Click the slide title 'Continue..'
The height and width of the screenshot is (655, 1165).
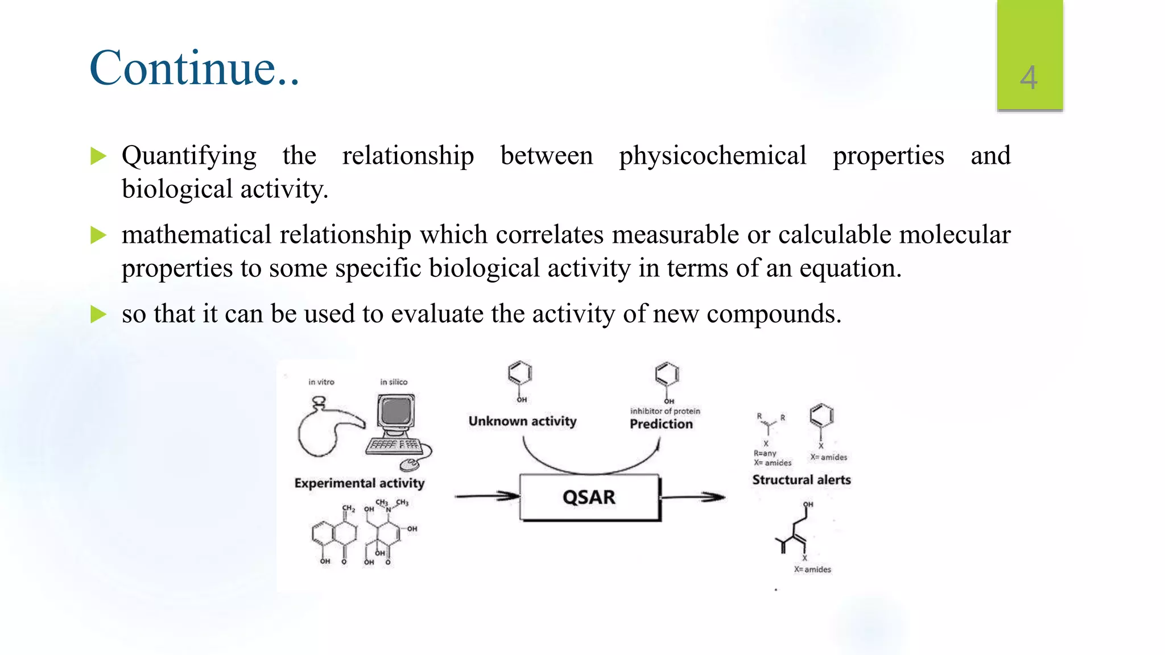pos(194,68)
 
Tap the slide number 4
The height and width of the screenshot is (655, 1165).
pos(1028,78)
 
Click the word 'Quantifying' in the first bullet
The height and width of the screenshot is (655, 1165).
pos(189,156)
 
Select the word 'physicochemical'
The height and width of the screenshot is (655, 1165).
pos(712,156)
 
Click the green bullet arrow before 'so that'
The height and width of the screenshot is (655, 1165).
pos(98,314)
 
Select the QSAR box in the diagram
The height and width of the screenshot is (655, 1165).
pos(589,498)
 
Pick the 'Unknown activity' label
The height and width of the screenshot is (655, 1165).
pos(522,421)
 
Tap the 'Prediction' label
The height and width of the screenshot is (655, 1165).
pos(661,424)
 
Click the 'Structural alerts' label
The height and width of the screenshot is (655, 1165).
pos(802,480)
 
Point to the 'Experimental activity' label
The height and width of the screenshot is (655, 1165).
pos(360,483)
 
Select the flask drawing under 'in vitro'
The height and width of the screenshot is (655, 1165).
pos(324,429)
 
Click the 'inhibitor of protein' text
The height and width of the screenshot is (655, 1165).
pos(665,411)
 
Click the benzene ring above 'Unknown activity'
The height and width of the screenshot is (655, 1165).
pos(519,374)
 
